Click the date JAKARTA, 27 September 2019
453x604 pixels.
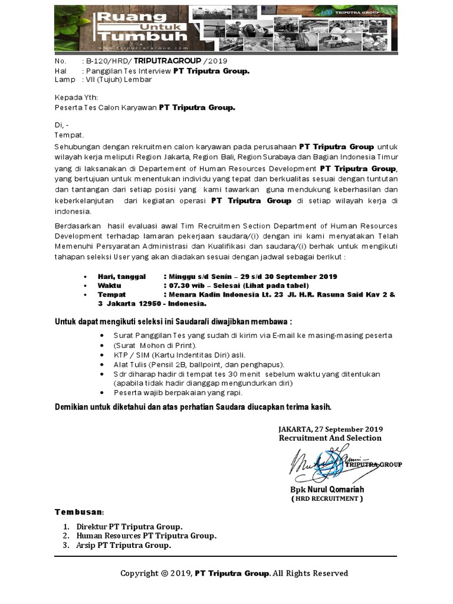(x=330, y=428)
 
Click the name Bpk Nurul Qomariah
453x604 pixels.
(x=327, y=490)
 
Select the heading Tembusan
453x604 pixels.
(x=80, y=511)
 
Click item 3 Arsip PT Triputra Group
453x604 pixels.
(x=124, y=546)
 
